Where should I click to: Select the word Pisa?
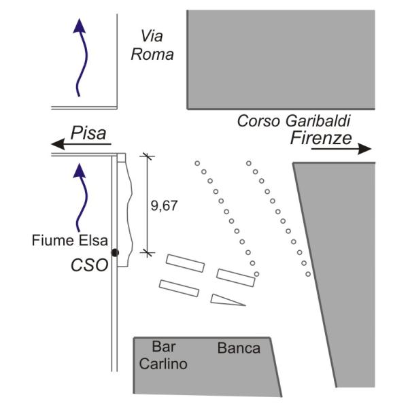coord(90,133)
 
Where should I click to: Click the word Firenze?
coord(321,139)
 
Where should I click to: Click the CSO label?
coord(90,265)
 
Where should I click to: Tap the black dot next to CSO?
coord(115,253)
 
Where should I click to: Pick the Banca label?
coord(239,348)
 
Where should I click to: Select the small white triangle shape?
coord(226,299)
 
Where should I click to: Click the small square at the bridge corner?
coord(122,158)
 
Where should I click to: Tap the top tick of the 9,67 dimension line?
coord(148,156)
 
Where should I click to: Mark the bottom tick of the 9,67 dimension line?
coord(148,252)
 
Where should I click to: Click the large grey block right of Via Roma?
coord(280,58)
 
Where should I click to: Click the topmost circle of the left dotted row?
coord(197,164)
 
